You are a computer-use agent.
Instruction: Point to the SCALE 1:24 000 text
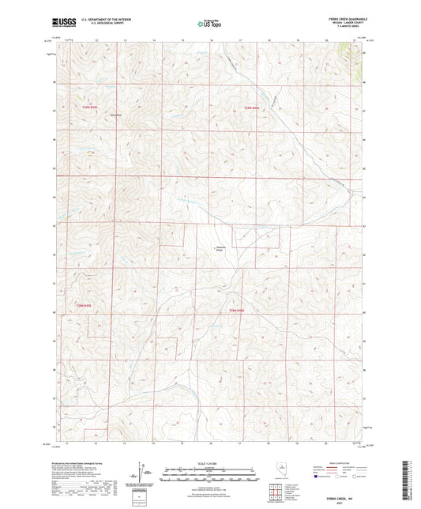coord(209,463)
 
